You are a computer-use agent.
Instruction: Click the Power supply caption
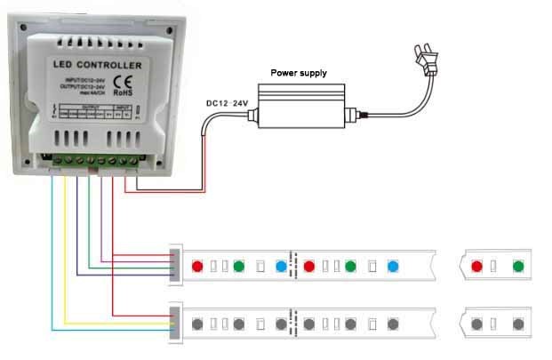(x=298, y=73)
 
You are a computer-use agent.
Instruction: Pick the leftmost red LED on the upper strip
(x=197, y=265)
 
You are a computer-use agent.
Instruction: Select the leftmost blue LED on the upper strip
(x=281, y=265)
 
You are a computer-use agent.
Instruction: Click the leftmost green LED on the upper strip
(x=239, y=265)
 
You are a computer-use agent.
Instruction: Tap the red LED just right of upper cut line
(x=309, y=265)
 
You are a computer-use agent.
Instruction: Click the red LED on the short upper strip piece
(x=476, y=265)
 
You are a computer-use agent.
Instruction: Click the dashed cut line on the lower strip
(x=295, y=323)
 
